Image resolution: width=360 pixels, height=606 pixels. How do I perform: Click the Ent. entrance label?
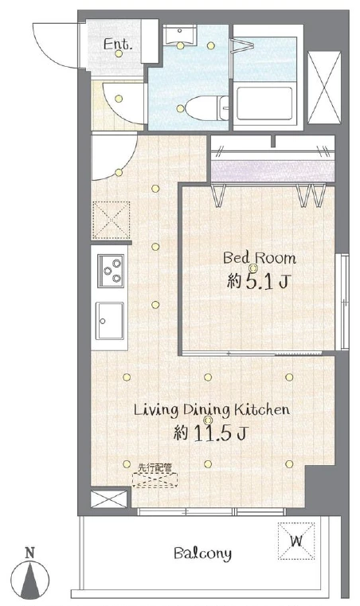(118, 44)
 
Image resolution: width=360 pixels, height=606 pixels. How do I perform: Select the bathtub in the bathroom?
(264, 104)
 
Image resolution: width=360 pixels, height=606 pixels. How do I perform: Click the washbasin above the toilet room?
(180, 35)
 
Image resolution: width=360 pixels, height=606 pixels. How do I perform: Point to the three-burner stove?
(111, 271)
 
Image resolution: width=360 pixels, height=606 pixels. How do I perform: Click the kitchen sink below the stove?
(110, 320)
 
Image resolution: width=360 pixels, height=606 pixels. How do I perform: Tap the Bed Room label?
(260, 258)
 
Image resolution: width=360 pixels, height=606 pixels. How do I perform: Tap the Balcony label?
(202, 553)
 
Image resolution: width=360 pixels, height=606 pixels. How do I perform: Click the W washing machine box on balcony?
(296, 541)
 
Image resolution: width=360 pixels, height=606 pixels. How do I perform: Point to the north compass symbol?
(30, 575)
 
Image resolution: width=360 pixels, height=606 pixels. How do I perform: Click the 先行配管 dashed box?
(155, 479)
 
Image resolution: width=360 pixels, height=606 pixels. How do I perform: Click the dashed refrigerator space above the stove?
(111, 221)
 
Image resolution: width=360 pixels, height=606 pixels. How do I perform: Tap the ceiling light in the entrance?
(119, 53)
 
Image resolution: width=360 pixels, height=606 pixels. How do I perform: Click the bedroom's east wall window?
(342, 302)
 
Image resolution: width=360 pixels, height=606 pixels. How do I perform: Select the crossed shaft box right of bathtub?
(324, 88)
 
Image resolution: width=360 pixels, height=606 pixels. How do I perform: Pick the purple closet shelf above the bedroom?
(272, 171)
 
